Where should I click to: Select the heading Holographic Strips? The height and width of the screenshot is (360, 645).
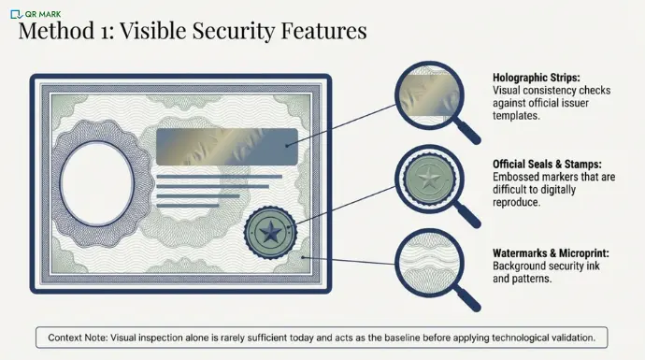pos(537,78)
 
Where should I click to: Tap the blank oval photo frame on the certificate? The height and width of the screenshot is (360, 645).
pos(97,180)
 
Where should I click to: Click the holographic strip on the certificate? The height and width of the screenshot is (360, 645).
pos(227,147)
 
